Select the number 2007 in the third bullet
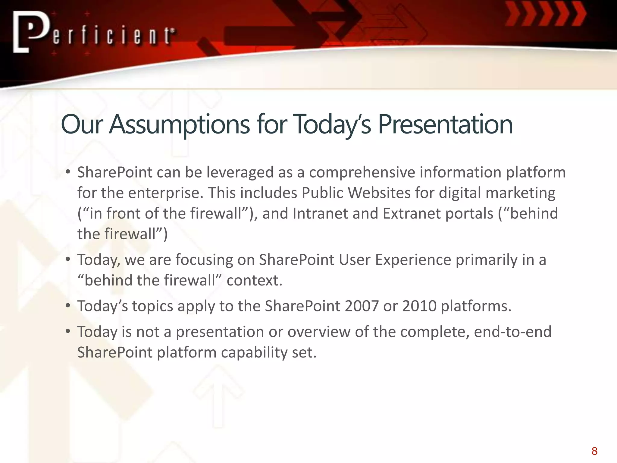(x=362, y=306)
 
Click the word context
(x=254, y=280)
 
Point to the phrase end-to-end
(x=512, y=332)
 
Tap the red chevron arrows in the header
(x=546, y=14)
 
